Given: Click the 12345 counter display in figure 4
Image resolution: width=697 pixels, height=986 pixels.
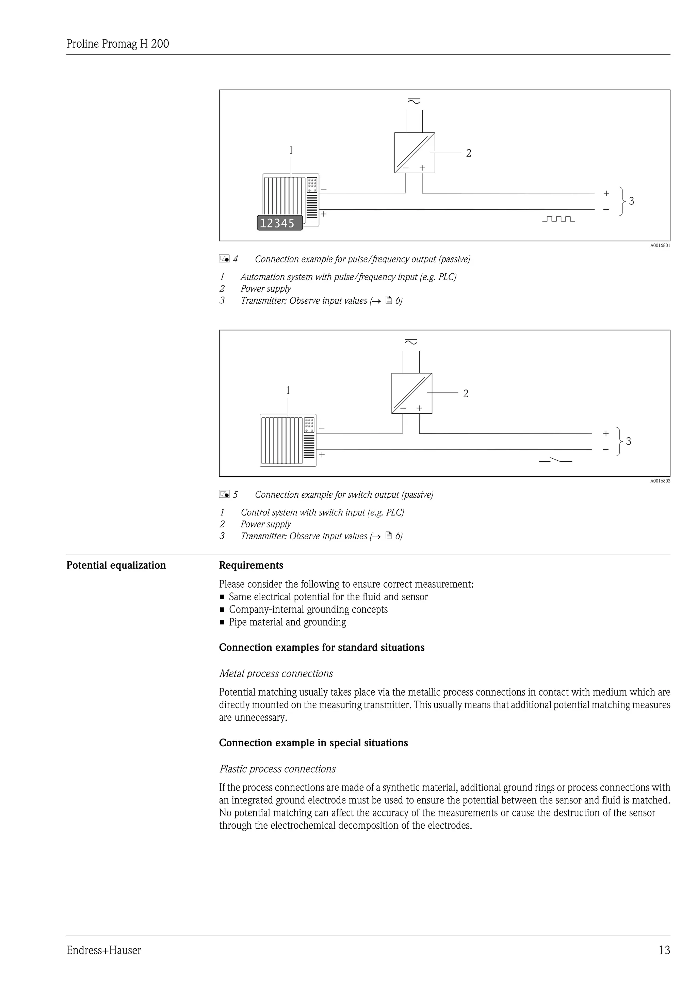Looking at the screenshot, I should [279, 223].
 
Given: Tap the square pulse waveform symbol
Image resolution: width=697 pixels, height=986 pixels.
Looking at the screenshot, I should [558, 219].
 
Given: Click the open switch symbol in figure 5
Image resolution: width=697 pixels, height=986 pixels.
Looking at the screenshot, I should [555, 460].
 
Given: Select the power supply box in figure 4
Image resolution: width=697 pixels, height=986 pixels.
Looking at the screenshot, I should [415, 153].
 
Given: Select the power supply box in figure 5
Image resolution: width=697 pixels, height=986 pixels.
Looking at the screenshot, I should [411, 393].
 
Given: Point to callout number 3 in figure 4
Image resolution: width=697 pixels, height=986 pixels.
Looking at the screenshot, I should [631, 201].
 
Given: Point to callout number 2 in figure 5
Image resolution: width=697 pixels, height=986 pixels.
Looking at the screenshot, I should [466, 393].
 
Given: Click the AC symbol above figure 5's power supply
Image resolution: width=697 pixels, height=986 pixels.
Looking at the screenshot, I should [411, 342].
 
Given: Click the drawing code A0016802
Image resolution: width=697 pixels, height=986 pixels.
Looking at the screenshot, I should [660, 481].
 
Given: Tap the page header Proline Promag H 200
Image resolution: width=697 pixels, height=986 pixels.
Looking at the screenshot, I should [118, 44].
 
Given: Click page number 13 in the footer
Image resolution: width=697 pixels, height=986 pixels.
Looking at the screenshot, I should [664, 950].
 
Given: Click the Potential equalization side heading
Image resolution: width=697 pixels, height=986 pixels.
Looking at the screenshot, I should [116, 565].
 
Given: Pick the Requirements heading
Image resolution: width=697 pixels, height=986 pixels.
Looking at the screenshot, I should [251, 565].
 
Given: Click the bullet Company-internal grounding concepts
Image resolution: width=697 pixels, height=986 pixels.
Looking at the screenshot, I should [308, 609].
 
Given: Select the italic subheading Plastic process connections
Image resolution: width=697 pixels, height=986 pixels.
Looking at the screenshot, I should [277, 769].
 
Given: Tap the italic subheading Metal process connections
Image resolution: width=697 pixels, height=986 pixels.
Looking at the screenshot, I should [276, 673].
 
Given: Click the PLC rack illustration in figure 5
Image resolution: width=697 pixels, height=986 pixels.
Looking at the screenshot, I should [288, 440].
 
